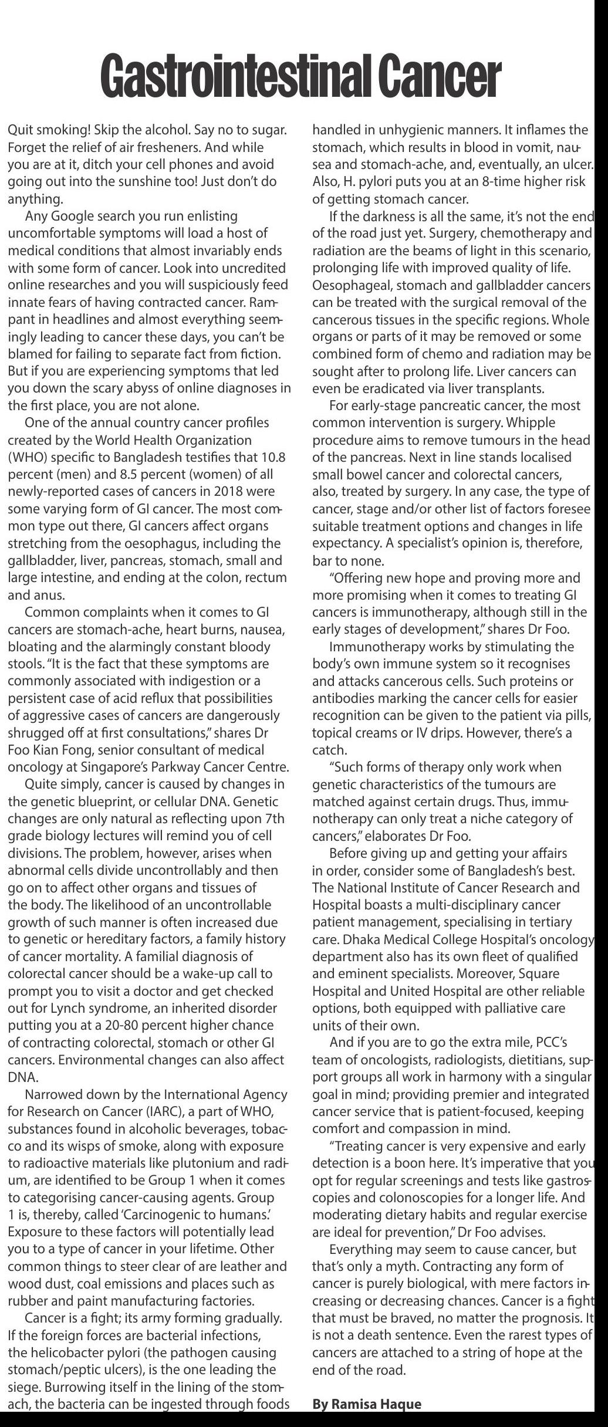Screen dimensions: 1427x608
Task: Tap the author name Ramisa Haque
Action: tap(367, 1404)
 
